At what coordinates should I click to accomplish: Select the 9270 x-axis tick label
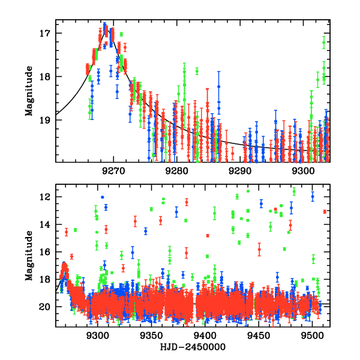click(x=113, y=171)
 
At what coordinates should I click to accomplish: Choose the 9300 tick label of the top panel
click(x=304, y=171)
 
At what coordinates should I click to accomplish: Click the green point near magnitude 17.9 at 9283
click(x=196, y=71)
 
